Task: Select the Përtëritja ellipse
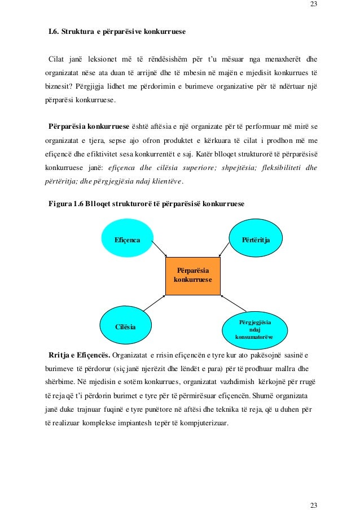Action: tap(256, 240)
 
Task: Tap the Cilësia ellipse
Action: tap(125, 326)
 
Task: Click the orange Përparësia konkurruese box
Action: tap(193, 276)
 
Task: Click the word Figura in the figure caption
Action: tap(60, 203)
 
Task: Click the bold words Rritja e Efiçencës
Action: tap(79, 355)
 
